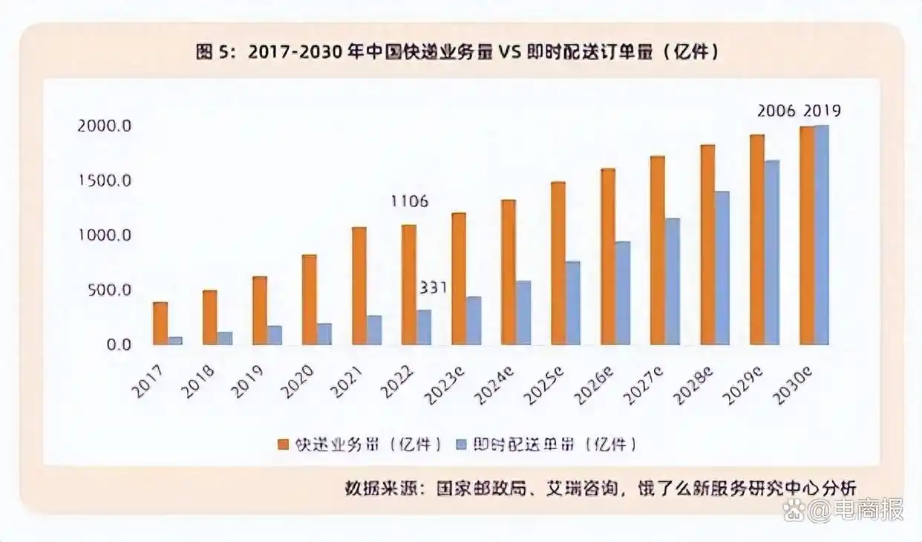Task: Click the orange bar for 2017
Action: coord(160,324)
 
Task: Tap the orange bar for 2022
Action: coord(408,285)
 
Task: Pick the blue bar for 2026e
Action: coord(622,293)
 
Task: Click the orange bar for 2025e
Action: coord(558,264)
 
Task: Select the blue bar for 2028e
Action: coord(722,268)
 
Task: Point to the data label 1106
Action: coord(409,202)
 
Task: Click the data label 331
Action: coord(433,287)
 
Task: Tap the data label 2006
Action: coord(776,111)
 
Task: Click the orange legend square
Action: coord(283,445)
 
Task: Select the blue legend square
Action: coord(460,445)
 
